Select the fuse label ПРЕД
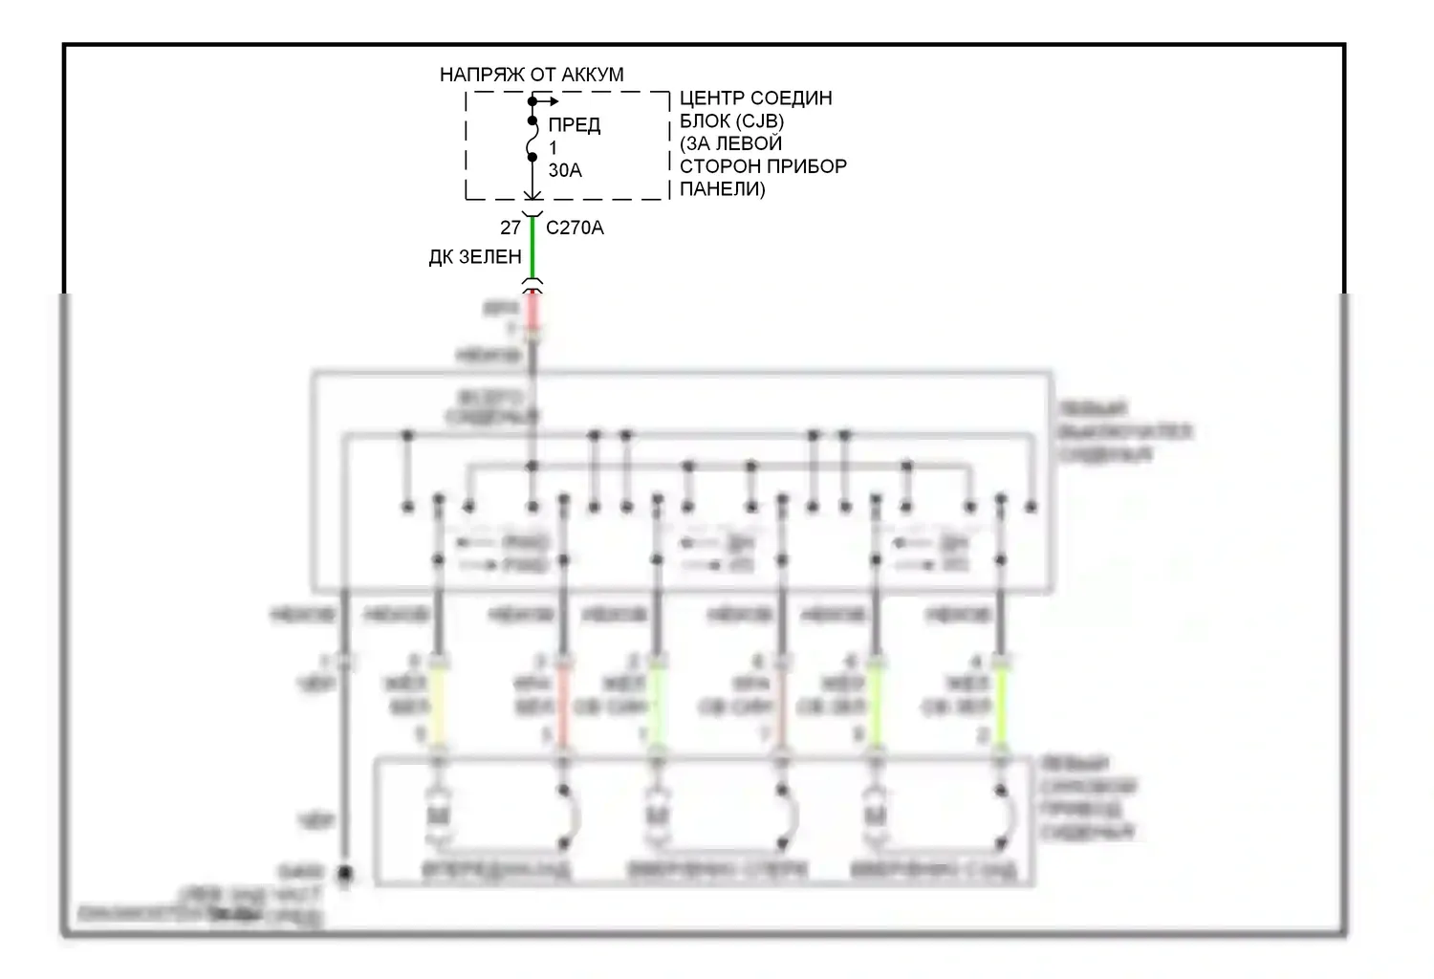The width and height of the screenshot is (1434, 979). coord(575,125)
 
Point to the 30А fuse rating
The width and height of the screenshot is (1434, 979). coord(565,170)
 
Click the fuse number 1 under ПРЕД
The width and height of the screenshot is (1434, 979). coord(553,148)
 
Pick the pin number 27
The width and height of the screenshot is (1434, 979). coord(511,228)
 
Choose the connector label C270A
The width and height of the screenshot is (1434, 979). coord(575,228)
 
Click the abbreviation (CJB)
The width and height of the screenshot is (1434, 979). coord(758,121)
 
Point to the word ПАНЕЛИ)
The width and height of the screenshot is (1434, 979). coord(723,189)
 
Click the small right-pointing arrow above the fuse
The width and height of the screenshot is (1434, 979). coord(549,100)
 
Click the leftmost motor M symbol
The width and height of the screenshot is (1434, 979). coord(439,818)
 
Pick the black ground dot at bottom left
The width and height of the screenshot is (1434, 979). coord(344,874)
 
